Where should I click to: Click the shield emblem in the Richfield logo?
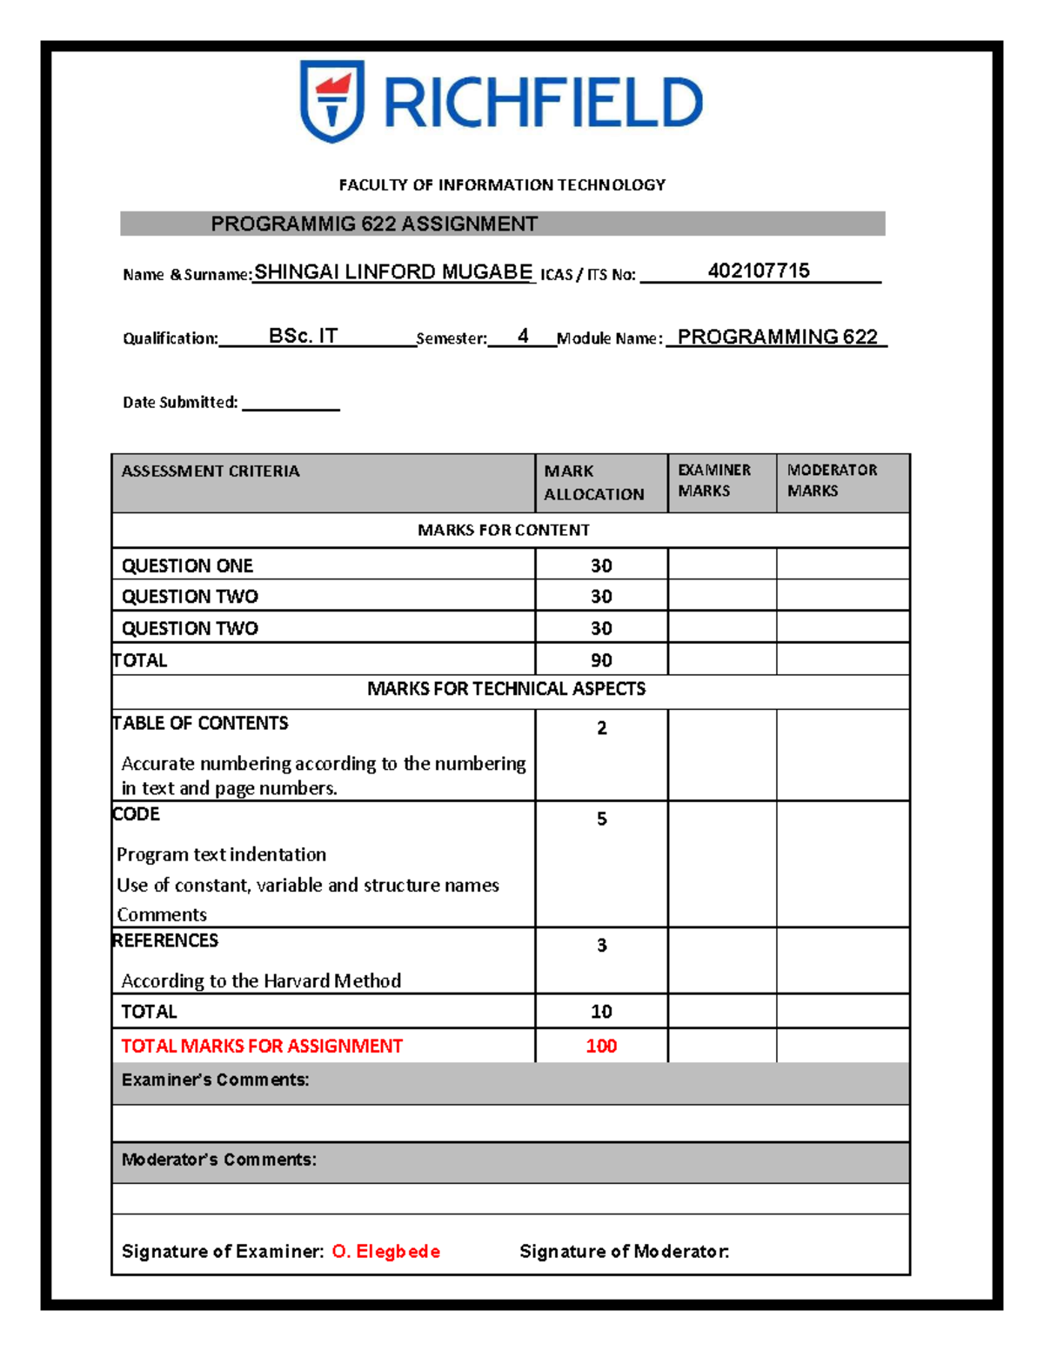[x=331, y=100]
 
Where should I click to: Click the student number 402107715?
[x=759, y=271]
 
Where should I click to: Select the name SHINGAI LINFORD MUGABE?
[x=393, y=272]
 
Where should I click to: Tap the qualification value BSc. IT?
[x=303, y=336]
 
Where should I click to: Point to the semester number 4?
[x=523, y=336]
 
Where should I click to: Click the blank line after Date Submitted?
[x=291, y=403]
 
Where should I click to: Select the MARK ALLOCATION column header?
[x=594, y=482]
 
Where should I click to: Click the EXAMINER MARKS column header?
[x=714, y=480]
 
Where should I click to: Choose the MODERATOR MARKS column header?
[x=832, y=480]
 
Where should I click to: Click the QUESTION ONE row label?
[x=187, y=565]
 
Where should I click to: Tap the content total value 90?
[x=601, y=660]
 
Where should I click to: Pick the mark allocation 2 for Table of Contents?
[x=601, y=728]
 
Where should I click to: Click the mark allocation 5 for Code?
[x=601, y=819]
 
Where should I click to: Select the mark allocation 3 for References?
[x=601, y=946]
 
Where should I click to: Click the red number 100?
[x=601, y=1046]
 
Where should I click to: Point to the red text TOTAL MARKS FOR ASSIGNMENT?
[x=262, y=1046]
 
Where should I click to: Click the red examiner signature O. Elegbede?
[x=386, y=1251]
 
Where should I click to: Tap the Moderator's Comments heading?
[x=219, y=1160]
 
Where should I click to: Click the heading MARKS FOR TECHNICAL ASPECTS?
[x=506, y=689]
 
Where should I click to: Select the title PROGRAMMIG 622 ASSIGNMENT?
[x=374, y=224]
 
